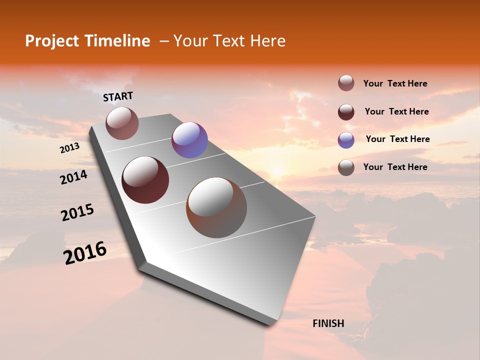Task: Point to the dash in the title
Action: pyautogui.click(x=163, y=41)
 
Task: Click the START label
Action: pyautogui.click(x=118, y=96)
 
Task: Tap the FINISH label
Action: pyautogui.click(x=328, y=323)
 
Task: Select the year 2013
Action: pyautogui.click(x=69, y=148)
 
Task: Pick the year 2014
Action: pyautogui.click(x=73, y=177)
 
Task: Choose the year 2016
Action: pyautogui.click(x=85, y=253)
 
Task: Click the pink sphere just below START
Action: pyautogui.click(x=122, y=123)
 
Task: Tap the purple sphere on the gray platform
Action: pyautogui.click(x=189, y=140)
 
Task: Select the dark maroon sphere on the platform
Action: pyautogui.click(x=145, y=180)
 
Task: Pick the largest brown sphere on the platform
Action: pyautogui.click(x=216, y=207)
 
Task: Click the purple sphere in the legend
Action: pyautogui.click(x=346, y=140)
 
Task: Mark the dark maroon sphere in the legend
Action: pyautogui.click(x=346, y=112)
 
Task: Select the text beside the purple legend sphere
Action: pyautogui.click(x=397, y=139)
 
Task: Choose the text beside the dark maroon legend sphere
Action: pyautogui.click(x=396, y=111)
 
